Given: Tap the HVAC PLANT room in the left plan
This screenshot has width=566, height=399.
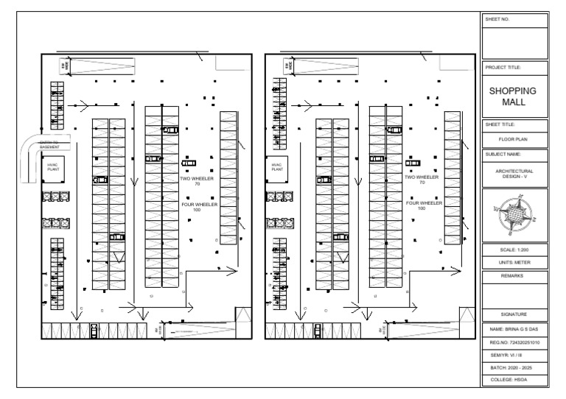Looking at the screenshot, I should (x=53, y=167).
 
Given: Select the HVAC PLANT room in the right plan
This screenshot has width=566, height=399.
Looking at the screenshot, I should (x=277, y=167).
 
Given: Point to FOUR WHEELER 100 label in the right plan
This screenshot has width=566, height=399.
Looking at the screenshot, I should (x=421, y=205).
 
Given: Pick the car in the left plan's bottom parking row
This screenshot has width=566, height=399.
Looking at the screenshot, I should (x=94, y=330).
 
